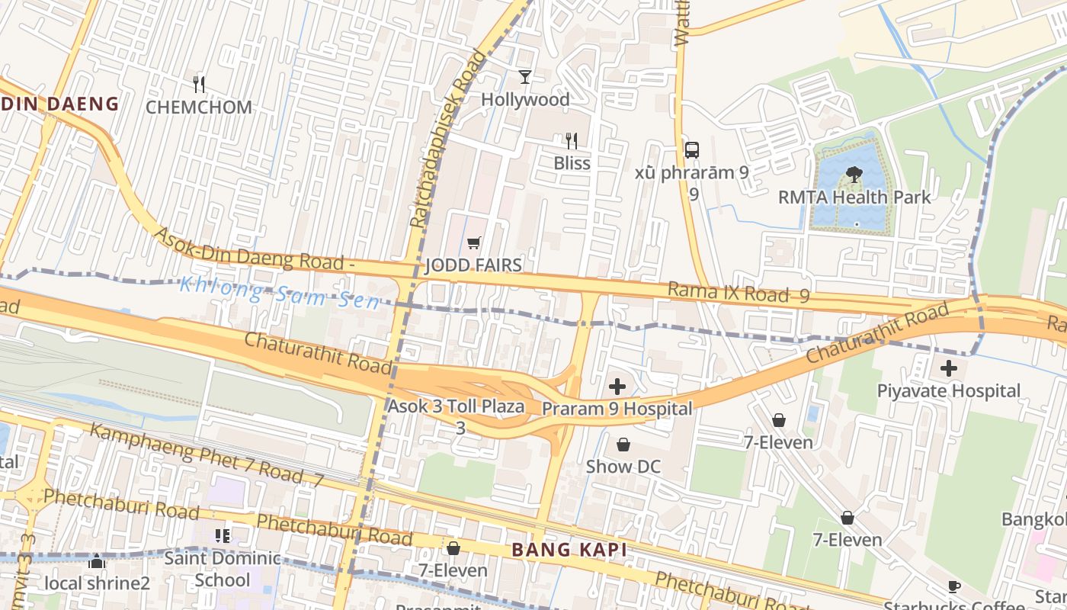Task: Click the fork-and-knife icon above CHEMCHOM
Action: click(x=199, y=84)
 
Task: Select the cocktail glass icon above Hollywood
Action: click(x=525, y=76)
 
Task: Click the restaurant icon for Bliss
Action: click(x=572, y=140)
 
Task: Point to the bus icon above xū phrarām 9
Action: click(x=692, y=149)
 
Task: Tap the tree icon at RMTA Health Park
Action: click(x=854, y=175)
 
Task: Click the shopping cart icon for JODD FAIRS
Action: click(x=474, y=243)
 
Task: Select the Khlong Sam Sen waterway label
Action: click(x=279, y=294)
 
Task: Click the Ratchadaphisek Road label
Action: click(x=447, y=139)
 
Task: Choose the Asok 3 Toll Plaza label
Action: click(x=456, y=406)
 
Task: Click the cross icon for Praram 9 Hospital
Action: click(x=617, y=387)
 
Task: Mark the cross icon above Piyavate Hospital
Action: click(x=948, y=369)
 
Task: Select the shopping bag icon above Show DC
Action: click(x=623, y=445)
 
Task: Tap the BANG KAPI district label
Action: click(x=569, y=550)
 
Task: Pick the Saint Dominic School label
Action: click(x=223, y=569)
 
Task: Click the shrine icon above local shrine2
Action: click(x=97, y=563)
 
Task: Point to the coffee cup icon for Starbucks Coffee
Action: click(x=953, y=586)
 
